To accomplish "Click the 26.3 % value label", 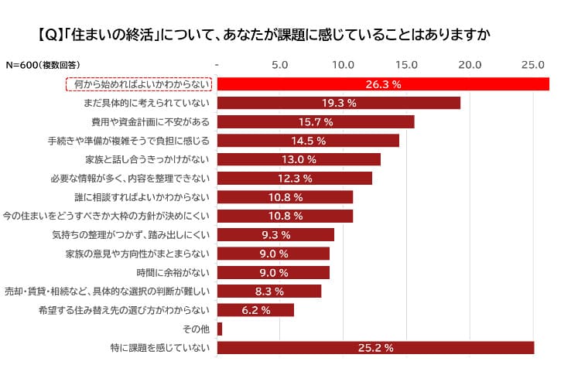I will click(383, 84).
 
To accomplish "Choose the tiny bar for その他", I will click(220, 329).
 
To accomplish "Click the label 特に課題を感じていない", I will click(161, 348).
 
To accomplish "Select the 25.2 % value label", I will click(375, 348).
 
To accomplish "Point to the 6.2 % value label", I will click(255, 310).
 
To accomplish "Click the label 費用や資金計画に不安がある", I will click(151, 122).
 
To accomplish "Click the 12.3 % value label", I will click(295, 179).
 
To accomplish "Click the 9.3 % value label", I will click(275, 235).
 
